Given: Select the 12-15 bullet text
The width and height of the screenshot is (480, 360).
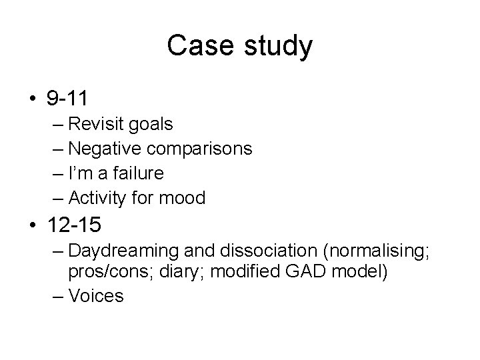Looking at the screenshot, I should click(x=74, y=225).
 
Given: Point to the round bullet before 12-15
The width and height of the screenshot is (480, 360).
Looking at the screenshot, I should click(x=33, y=226).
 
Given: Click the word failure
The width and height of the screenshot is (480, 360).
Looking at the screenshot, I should click(x=139, y=173).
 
